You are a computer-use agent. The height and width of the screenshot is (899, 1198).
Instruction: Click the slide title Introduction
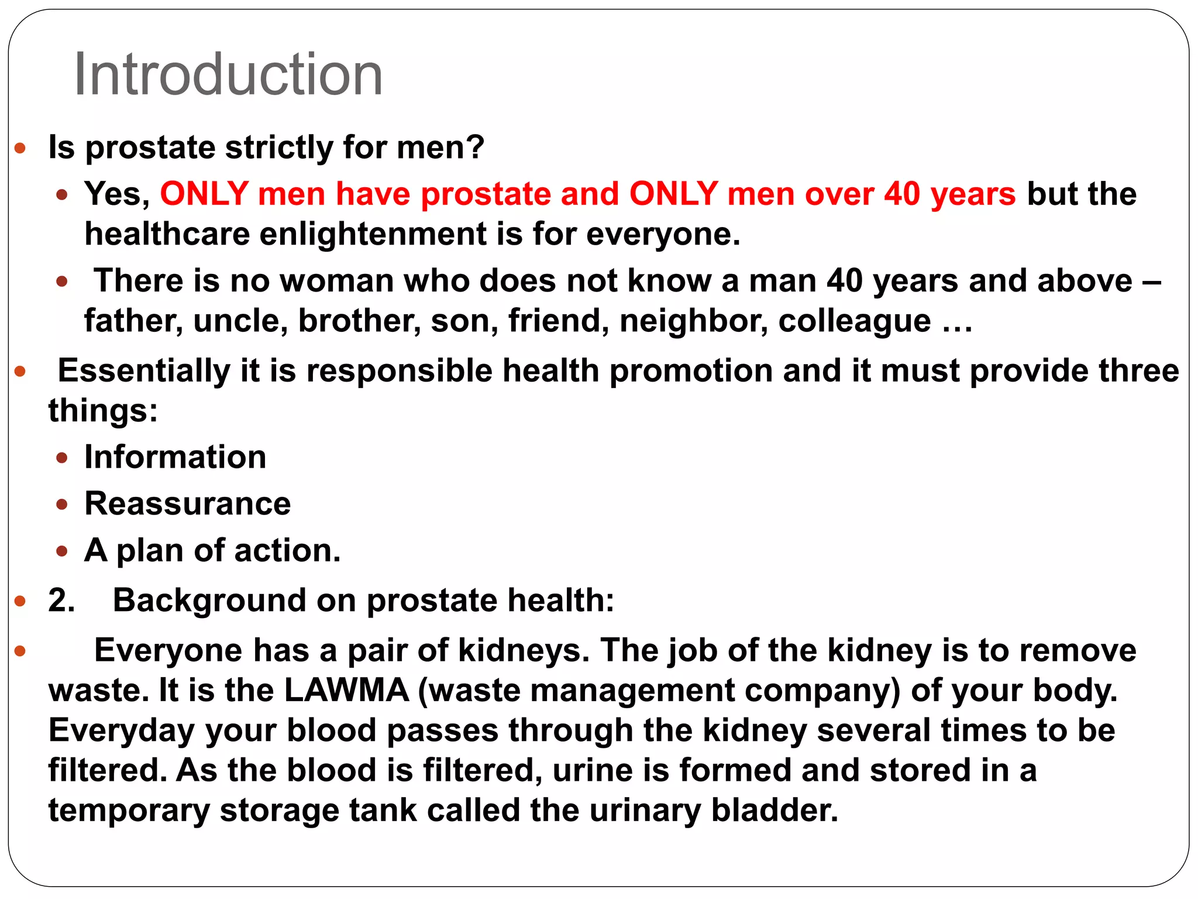[x=228, y=74]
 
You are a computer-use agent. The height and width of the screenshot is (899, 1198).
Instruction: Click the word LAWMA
[x=346, y=690]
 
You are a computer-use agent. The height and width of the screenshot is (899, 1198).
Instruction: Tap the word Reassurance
[x=188, y=503]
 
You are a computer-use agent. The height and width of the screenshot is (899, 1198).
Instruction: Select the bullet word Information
[x=175, y=457]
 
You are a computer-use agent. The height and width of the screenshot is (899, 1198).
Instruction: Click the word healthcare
[x=167, y=234]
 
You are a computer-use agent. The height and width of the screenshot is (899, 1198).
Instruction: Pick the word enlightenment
[x=373, y=234]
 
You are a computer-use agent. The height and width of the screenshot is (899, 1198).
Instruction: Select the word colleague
[x=854, y=321]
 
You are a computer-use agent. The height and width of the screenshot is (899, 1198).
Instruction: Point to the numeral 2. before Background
[x=61, y=601]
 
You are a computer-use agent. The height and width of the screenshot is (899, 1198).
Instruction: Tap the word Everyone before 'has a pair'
[x=168, y=650]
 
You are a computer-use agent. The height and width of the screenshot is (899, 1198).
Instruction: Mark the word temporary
[x=129, y=811]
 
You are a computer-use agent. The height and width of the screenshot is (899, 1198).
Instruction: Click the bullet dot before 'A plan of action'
[x=62, y=551]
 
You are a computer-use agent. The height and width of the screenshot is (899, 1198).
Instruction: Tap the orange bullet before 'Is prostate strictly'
[x=20, y=147]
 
